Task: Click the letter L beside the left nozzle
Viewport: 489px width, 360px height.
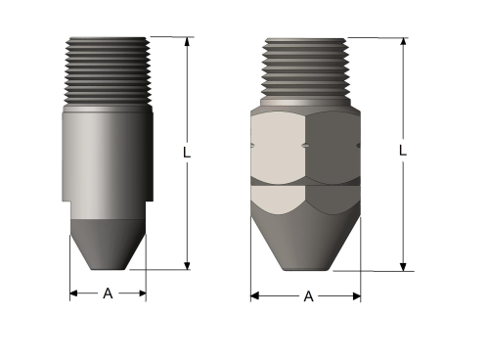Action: tap(186, 154)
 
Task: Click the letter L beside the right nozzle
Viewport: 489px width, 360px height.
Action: tap(402, 152)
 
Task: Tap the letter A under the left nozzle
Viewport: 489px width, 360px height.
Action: tap(108, 293)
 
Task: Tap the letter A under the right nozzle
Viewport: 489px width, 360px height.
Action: tap(307, 295)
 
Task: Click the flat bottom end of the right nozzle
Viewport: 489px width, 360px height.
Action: tap(306, 271)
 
